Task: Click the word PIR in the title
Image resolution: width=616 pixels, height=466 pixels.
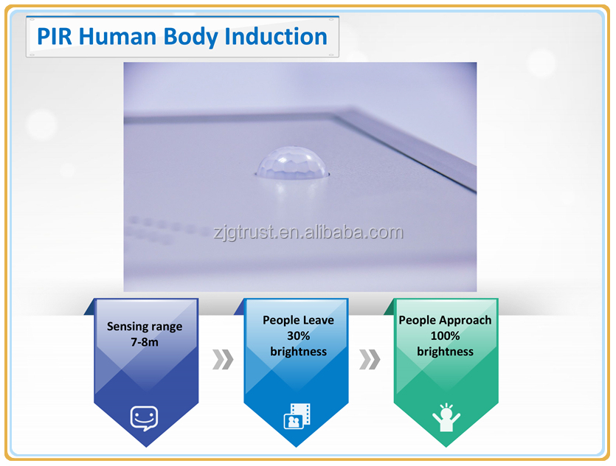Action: click(x=55, y=37)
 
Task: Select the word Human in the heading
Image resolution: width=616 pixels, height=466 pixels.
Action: click(x=117, y=37)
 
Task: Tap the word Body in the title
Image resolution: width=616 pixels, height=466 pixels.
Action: click(x=190, y=38)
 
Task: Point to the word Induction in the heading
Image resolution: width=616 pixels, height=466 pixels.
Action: click(x=276, y=37)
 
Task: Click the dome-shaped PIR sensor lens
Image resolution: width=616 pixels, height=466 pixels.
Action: click(x=292, y=163)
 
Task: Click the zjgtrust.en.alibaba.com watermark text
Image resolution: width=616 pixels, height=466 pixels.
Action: click(x=308, y=232)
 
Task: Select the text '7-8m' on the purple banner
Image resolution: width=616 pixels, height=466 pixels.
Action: click(x=145, y=342)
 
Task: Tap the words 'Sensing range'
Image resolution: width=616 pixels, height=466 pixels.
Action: click(x=145, y=327)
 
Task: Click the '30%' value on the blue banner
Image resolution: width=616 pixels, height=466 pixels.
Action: click(x=298, y=335)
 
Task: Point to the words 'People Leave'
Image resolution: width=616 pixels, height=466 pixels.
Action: click(x=298, y=320)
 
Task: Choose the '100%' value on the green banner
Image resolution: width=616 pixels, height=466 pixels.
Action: click(x=445, y=335)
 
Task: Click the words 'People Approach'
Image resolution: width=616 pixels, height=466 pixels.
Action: click(x=445, y=320)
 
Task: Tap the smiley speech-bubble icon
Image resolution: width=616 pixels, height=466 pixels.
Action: click(x=144, y=418)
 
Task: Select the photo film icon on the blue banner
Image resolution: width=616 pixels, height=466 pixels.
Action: click(x=297, y=416)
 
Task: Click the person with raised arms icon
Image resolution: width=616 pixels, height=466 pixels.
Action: click(x=446, y=417)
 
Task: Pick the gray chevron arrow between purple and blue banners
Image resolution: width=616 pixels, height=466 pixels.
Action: click(x=223, y=359)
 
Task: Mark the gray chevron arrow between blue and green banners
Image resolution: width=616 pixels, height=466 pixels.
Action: click(x=370, y=359)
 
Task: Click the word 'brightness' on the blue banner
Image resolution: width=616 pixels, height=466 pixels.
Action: click(x=298, y=352)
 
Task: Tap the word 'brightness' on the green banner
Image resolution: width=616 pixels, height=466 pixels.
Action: click(x=445, y=352)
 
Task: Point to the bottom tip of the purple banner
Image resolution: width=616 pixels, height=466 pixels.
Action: click(x=146, y=447)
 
